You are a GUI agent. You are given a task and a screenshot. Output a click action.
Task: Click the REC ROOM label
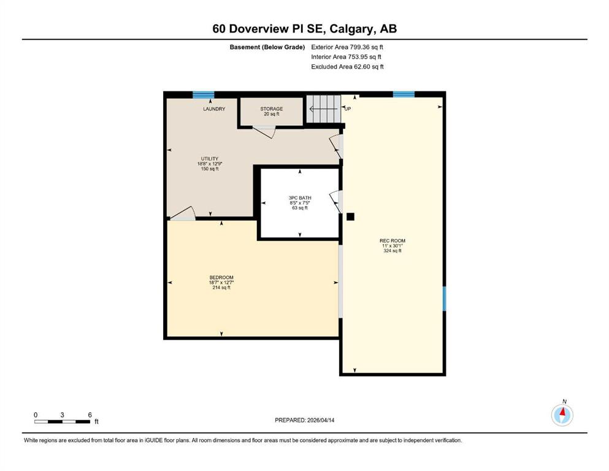393,241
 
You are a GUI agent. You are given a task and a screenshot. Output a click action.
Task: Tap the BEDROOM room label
221,277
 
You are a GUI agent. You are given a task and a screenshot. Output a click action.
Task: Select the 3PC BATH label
300,198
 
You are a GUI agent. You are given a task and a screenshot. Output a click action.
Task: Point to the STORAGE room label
272,109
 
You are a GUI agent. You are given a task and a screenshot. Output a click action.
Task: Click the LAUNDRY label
214,109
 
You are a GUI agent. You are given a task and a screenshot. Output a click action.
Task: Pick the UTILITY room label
210,158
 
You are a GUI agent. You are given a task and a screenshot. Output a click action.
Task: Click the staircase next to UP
324,109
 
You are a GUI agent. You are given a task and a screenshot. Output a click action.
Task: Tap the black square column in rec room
350,216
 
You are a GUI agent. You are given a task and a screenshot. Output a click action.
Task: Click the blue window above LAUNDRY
204,94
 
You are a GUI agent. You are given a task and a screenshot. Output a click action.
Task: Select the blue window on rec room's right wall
444,299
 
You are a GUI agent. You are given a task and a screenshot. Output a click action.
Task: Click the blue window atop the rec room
404,94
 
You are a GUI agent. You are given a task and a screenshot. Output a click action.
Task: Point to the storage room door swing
264,131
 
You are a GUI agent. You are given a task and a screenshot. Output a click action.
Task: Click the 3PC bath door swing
335,202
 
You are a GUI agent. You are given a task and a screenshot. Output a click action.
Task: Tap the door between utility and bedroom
183,213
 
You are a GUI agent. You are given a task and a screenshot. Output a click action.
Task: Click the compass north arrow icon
562,415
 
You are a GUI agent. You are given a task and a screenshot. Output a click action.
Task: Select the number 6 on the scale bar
90,415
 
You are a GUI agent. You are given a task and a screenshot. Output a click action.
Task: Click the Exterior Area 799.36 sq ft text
347,47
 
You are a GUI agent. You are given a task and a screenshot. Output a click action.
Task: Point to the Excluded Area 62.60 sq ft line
347,66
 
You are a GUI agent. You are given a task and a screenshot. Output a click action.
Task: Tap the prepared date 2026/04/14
321,420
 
